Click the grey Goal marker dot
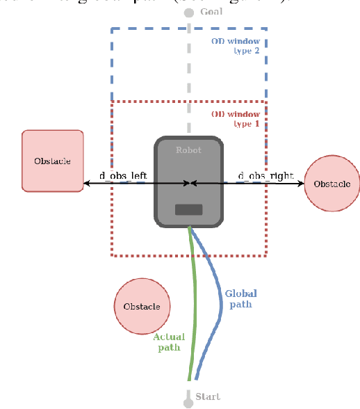188,13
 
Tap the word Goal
211,12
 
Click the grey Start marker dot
188,402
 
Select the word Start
207,396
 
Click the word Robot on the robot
188,150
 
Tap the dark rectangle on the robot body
188,209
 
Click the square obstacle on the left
53,161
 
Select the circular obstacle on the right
332,184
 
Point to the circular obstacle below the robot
142,306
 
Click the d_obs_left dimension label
124,176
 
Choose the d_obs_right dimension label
265,175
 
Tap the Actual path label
169,342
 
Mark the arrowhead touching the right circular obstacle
301,184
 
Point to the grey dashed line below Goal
188,70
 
